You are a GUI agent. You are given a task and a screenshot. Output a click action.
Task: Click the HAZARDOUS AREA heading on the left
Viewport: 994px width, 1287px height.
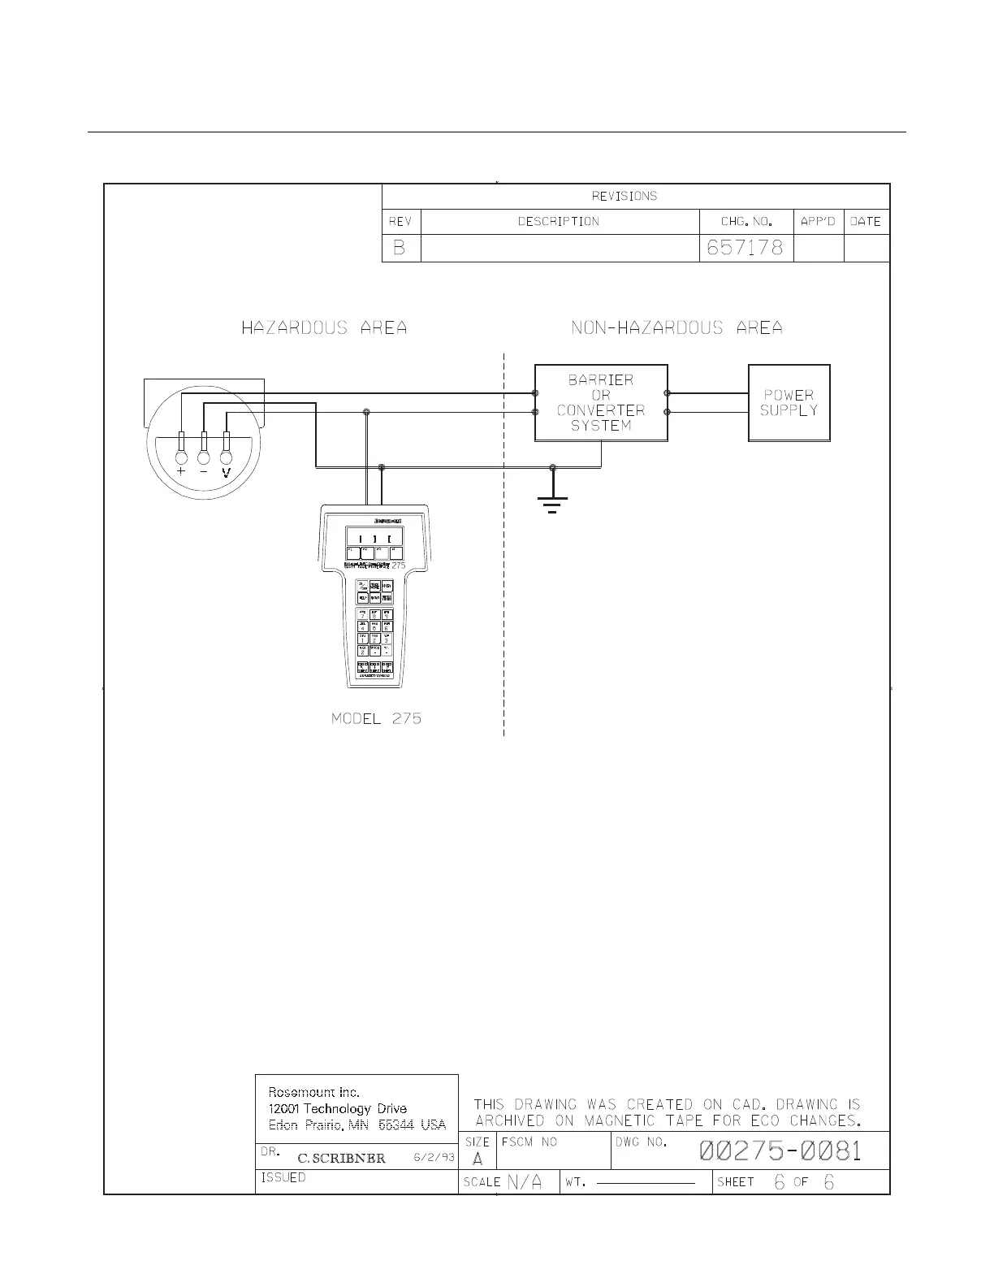click(324, 328)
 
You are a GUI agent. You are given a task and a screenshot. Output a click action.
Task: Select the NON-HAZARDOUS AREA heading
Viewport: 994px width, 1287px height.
click(676, 328)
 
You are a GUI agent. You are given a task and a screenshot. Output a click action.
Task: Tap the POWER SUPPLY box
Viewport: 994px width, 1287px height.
click(789, 403)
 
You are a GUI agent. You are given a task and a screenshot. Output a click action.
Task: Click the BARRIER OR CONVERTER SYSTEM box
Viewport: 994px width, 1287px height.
click(601, 403)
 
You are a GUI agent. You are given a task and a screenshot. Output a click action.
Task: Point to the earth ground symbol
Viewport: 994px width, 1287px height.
click(552, 503)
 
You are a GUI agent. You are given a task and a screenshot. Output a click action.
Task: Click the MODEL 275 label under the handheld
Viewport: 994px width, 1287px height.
click(376, 719)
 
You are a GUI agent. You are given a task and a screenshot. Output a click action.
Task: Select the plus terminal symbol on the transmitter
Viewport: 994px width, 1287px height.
click(181, 471)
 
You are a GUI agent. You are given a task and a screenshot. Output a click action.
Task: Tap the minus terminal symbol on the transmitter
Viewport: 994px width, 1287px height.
click(204, 471)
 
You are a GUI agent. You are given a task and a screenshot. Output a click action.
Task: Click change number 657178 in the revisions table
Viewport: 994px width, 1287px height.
click(745, 248)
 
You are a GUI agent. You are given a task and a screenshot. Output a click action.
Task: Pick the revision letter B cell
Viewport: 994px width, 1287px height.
click(400, 248)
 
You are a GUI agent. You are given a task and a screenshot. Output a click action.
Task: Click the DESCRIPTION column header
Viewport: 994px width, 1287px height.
click(559, 222)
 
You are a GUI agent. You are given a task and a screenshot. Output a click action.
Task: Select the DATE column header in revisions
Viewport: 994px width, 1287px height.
click(866, 222)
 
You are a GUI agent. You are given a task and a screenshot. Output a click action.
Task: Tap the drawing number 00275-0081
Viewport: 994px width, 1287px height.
click(780, 1151)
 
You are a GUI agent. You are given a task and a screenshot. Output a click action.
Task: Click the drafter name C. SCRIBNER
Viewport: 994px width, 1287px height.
click(341, 1159)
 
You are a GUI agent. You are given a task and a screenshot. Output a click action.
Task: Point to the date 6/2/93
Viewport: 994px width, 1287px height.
click(434, 1158)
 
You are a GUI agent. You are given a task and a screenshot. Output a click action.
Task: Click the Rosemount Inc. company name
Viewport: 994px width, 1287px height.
click(314, 1092)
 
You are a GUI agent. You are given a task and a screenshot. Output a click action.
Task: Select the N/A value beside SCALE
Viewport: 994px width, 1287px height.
click(525, 1182)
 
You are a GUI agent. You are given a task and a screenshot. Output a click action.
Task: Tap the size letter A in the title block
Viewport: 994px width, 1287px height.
click(478, 1159)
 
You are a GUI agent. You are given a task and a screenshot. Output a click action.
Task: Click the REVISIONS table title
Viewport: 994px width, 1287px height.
click(624, 196)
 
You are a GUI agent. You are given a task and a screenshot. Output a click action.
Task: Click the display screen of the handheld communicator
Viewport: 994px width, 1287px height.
click(374, 538)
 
